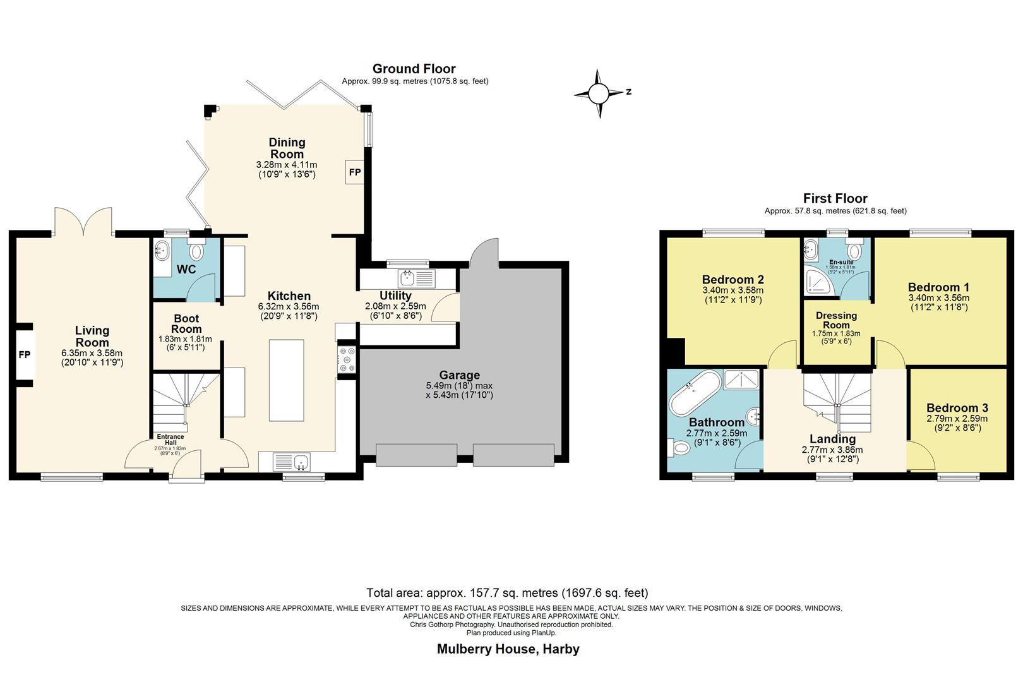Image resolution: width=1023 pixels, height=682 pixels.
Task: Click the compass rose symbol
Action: pyautogui.click(x=599, y=94)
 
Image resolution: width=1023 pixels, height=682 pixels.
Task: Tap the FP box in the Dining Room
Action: pyautogui.click(x=355, y=172)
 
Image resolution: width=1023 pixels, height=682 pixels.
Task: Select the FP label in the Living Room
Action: pyautogui.click(x=24, y=355)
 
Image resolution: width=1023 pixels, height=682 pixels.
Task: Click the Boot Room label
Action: pyautogui.click(x=186, y=323)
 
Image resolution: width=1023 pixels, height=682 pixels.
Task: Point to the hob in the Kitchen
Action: pyautogui.click(x=347, y=360)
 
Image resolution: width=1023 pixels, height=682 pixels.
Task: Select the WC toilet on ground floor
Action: pyautogui.click(x=197, y=252)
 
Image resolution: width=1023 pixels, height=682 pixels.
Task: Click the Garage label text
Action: pyautogui.click(x=459, y=375)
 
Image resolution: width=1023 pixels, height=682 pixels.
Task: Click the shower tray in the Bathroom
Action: pyautogui.click(x=743, y=380)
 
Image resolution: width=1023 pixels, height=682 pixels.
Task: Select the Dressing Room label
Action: pyautogui.click(x=836, y=320)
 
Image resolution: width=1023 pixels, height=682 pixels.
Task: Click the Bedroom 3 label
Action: pyautogui.click(x=957, y=408)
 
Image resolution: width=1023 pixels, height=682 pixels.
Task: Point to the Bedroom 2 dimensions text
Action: pyautogui.click(x=733, y=296)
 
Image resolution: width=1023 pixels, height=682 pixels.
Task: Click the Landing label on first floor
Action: pyautogui.click(x=832, y=439)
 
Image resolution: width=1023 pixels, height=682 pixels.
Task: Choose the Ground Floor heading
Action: pyautogui.click(x=414, y=69)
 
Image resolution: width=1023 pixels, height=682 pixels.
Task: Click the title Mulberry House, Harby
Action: pyautogui.click(x=508, y=649)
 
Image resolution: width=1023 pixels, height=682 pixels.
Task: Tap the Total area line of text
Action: pyautogui.click(x=507, y=593)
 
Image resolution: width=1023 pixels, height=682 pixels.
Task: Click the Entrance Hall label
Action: pyautogui.click(x=170, y=440)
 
